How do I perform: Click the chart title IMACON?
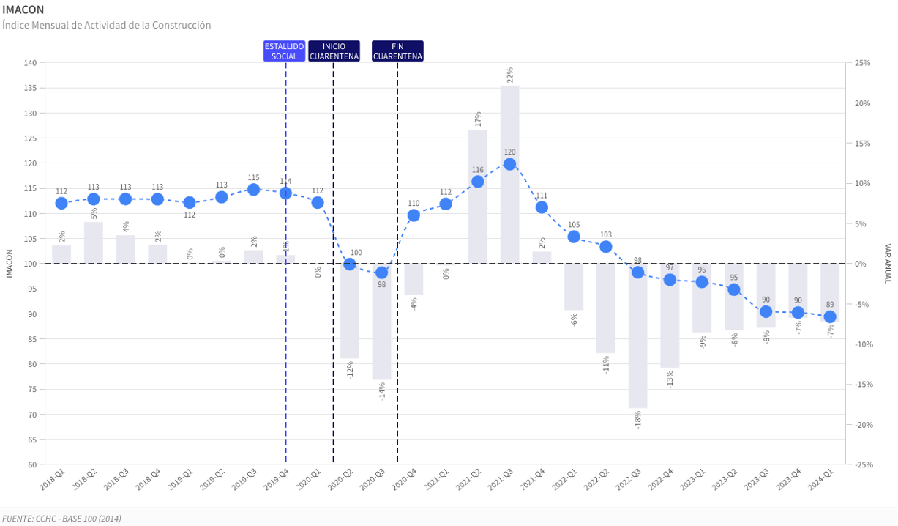pos(23,10)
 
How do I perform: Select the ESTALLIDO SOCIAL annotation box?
pos(285,51)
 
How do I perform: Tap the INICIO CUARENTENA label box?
pos(334,51)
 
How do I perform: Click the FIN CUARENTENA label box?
pos(397,51)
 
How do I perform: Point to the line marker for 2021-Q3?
pos(509,164)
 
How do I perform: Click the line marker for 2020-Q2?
pos(350,264)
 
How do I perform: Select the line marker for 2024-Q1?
pos(830,317)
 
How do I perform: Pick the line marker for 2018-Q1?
pos(61,203)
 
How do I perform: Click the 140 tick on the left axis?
pos(30,63)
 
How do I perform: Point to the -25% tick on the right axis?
pos(861,464)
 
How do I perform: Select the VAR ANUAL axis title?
pos(887,264)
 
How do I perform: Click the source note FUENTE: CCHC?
pos(61,519)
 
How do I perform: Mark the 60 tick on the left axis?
pos(32,464)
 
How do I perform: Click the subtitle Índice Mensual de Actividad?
pos(107,26)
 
